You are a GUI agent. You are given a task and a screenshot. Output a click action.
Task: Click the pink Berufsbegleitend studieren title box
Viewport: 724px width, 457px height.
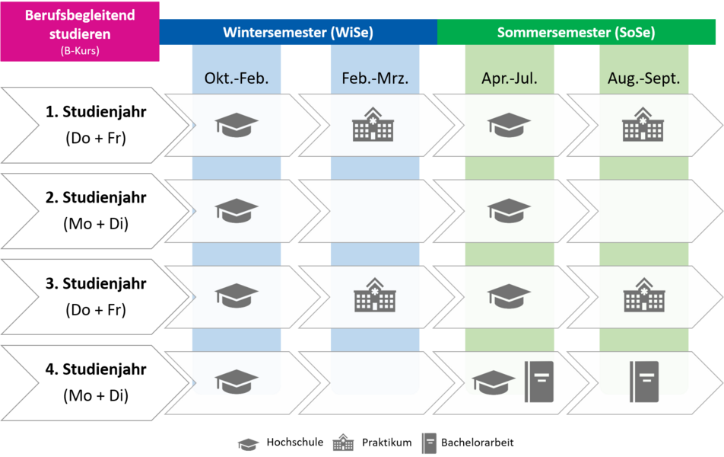pyautogui.click(x=80, y=31)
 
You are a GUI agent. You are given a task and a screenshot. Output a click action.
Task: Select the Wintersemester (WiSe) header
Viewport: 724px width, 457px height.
pyautogui.click(x=298, y=32)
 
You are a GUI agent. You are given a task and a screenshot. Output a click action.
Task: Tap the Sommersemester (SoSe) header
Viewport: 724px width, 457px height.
pyautogui.click(x=576, y=32)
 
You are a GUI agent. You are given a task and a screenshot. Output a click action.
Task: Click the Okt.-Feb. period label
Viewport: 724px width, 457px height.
pyautogui.click(x=237, y=78)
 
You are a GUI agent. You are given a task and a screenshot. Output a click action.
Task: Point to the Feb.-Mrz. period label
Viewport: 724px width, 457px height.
pyautogui.click(x=375, y=78)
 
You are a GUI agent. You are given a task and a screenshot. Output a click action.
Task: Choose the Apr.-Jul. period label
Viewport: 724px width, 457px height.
pyautogui.click(x=509, y=78)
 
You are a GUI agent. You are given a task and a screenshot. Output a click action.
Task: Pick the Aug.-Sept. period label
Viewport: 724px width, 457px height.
pyautogui.click(x=643, y=78)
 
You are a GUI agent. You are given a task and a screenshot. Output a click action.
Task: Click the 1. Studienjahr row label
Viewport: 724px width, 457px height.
pyautogui.click(x=96, y=125)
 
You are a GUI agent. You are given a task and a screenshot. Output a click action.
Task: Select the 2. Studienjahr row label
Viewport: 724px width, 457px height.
pyautogui.click(x=96, y=211)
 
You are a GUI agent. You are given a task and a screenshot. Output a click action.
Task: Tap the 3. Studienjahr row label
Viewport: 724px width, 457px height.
pyautogui.click(x=96, y=297)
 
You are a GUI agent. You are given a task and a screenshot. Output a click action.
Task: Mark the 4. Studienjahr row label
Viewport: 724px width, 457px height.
pyautogui.click(x=96, y=383)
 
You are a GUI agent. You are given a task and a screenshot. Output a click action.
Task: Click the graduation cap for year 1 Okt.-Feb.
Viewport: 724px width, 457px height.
pyautogui.click(x=237, y=124)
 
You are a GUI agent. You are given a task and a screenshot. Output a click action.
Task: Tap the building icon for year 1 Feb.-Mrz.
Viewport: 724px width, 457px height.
pyautogui.click(x=374, y=124)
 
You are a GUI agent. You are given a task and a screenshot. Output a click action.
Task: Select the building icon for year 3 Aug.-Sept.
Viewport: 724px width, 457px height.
pyautogui.click(x=643, y=296)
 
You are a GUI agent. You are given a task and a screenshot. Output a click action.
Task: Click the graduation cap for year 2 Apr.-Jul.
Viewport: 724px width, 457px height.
pyautogui.click(x=509, y=209)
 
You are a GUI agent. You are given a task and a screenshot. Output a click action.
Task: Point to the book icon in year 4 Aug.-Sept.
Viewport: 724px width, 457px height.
pyautogui.click(x=643, y=381)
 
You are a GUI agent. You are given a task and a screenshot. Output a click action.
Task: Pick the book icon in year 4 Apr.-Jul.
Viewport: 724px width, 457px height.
pyautogui.click(x=539, y=381)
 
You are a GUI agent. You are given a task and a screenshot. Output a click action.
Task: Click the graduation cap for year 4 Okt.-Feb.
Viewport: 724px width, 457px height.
pyautogui.click(x=237, y=381)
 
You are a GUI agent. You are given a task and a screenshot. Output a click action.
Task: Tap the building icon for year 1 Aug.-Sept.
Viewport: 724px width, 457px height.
pyautogui.click(x=643, y=124)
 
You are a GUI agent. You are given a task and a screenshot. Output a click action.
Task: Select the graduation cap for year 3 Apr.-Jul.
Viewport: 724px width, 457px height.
pyautogui.click(x=509, y=296)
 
